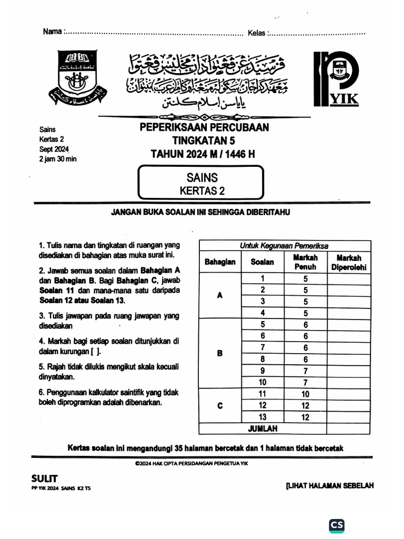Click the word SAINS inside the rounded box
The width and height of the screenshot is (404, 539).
point(202,178)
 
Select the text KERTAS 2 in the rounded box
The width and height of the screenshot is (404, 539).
point(202,191)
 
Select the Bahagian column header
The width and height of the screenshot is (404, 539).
point(220,262)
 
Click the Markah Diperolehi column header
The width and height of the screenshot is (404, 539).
point(348,262)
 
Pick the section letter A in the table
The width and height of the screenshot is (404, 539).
point(220,295)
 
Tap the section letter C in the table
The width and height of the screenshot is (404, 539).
point(220,405)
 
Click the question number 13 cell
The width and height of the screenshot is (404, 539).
point(262,417)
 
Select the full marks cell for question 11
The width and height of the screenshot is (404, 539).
point(305,394)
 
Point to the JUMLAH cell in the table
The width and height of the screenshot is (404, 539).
point(262,429)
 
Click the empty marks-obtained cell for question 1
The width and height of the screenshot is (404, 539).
point(348,279)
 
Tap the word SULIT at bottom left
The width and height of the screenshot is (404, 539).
point(45,478)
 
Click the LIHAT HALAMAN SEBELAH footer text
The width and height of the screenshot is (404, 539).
point(329,485)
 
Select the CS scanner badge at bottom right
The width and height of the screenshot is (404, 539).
point(337,525)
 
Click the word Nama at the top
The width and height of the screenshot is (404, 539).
point(52,32)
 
